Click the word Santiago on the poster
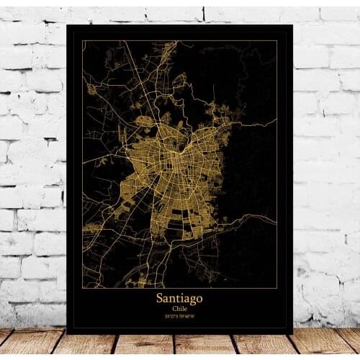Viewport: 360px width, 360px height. click(x=179, y=297)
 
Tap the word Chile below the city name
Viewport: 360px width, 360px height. click(x=179, y=308)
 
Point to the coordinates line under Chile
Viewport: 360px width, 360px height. click(x=179, y=316)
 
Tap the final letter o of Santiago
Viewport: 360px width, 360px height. click(x=199, y=298)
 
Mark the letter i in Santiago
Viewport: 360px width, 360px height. click(x=181, y=297)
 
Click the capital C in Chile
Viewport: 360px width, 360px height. click(x=172, y=308)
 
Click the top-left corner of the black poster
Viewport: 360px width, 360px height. click(x=67, y=25)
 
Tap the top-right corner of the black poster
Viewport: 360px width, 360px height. click(x=292, y=25)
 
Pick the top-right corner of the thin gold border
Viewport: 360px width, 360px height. click(x=277, y=41)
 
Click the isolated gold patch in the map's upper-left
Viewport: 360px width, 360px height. click(x=91, y=89)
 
